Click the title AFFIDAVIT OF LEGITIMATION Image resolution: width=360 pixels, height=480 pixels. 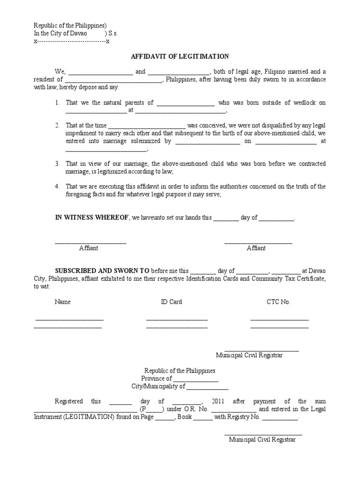[180, 57]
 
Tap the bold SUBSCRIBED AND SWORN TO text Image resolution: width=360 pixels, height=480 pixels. [102, 271]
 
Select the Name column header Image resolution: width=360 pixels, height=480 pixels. [63, 302]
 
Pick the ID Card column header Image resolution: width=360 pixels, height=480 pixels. [172, 302]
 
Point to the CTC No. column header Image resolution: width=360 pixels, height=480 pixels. [278, 302]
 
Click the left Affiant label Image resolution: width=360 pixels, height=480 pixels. [88, 248]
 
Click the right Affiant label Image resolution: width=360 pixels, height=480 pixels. [256, 248]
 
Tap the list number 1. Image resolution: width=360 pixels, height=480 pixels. [57, 103]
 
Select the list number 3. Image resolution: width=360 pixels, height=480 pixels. [57, 164]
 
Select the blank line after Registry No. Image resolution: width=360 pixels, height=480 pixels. [279, 417]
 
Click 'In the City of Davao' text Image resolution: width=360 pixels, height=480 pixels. [60, 34]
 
